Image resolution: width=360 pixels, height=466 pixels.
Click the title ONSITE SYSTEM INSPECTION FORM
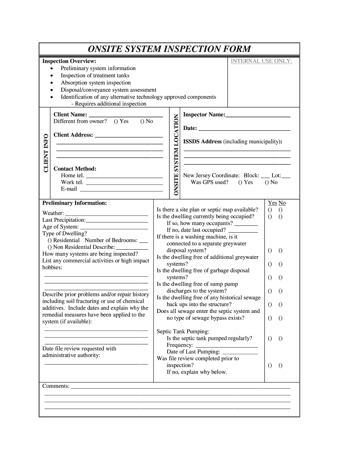169,49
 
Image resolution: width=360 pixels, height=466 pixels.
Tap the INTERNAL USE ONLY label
261,61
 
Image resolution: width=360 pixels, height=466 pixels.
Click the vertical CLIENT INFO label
46,153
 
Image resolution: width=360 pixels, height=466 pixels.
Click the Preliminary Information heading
74,203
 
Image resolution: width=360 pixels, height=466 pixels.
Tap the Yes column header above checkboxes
272,203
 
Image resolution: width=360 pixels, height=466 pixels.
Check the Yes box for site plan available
270,210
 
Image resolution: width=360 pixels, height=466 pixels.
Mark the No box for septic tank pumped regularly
280,338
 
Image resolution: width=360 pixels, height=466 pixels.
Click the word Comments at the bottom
56,386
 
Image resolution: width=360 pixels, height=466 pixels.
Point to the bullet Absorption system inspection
95,83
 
